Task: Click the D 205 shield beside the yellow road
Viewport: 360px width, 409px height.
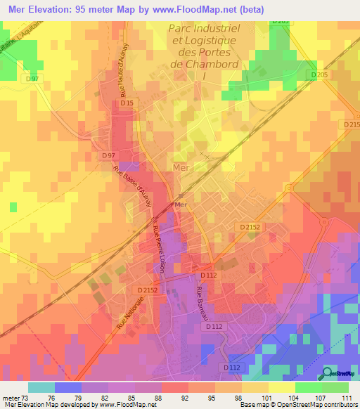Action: (319, 74)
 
